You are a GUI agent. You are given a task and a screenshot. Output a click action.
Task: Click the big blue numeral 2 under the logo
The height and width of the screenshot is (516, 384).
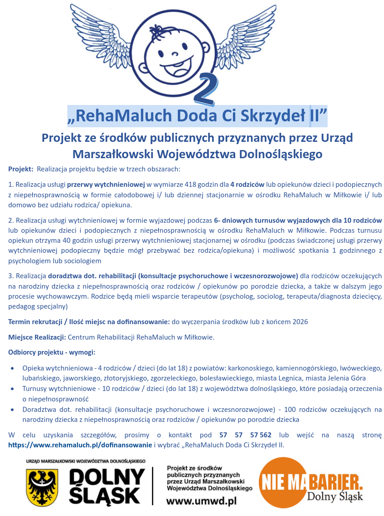point(205,87)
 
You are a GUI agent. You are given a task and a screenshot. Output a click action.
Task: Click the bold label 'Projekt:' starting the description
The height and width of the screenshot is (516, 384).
point(21,169)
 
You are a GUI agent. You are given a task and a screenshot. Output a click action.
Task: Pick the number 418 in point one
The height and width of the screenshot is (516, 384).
point(197,185)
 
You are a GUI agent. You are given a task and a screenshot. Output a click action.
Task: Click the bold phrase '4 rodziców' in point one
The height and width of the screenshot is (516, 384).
point(247,185)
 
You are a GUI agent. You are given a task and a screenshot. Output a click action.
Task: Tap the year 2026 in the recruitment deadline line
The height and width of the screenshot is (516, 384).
point(300,322)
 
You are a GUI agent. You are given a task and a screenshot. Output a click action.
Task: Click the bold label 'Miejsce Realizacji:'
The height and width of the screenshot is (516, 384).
point(37,337)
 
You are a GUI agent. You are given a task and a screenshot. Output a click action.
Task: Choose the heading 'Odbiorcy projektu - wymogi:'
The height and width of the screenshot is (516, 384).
point(51,352)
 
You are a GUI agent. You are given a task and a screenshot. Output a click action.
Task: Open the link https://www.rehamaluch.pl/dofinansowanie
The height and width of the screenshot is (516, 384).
point(80,445)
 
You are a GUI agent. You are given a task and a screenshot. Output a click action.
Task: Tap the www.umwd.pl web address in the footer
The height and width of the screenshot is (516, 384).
point(202,501)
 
